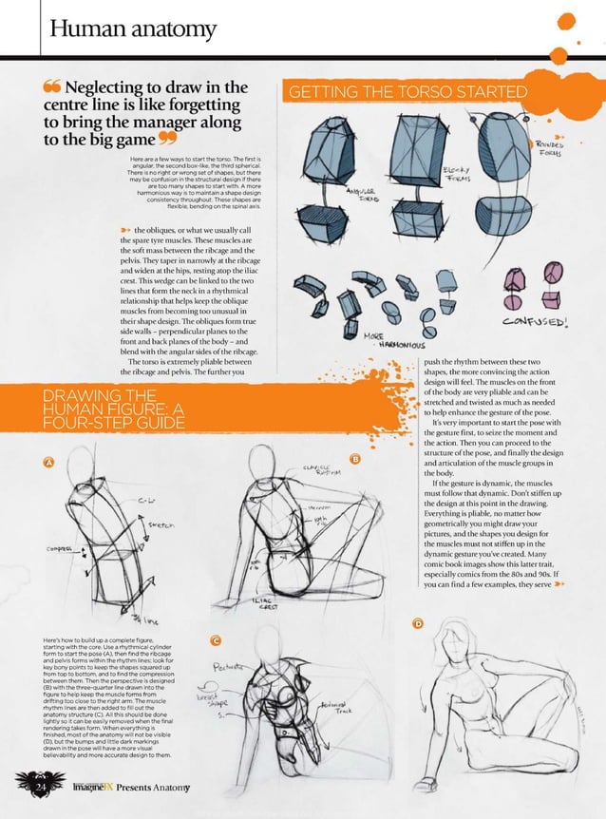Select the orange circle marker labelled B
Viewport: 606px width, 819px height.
[355, 460]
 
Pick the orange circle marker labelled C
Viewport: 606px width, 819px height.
[217, 641]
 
